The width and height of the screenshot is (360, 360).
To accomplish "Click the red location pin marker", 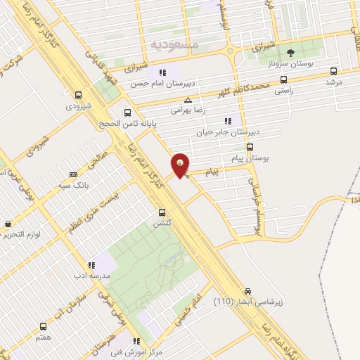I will [x=181, y=165].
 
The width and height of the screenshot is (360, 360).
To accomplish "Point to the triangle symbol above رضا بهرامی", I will [x=187, y=101].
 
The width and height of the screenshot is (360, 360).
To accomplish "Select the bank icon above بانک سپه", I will [x=73, y=174].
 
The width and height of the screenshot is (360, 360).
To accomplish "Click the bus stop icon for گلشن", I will [x=162, y=212].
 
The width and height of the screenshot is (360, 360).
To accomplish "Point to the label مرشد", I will [x=333, y=82].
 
